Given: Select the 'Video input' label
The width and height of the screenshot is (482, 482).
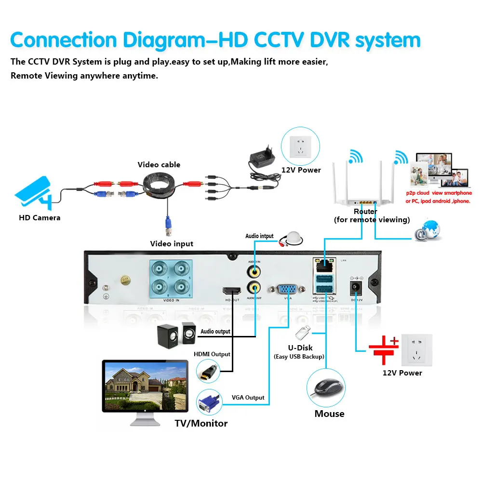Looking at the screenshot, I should [x=172, y=244].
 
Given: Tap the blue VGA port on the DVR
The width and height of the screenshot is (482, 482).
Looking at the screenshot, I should [x=288, y=289].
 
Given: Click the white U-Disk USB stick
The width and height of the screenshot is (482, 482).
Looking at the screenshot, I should [x=303, y=332].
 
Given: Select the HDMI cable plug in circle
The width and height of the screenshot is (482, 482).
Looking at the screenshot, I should [x=208, y=371].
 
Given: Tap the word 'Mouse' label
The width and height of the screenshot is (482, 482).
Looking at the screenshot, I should [x=329, y=414].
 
